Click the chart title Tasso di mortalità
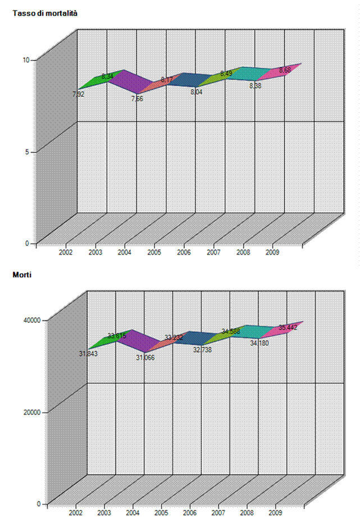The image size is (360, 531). click(x=45, y=13)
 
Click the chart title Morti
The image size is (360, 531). click(x=23, y=274)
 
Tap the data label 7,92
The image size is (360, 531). click(x=78, y=94)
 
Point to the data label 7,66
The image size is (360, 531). click(x=137, y=98)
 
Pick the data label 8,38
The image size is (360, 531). click(x=255, y=86)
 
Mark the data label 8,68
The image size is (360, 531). click(x=285, y=70)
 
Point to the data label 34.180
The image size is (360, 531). click(x=259, y=342)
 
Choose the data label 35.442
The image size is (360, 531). click(x=288, y=327)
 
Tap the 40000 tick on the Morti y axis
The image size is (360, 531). click(x=31, y=320)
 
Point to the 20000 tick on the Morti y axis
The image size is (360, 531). click(x=31, y=412)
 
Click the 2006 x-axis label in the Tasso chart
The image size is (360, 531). click(x=183, y=253)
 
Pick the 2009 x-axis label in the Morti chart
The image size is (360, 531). click(x=275, y=512)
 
